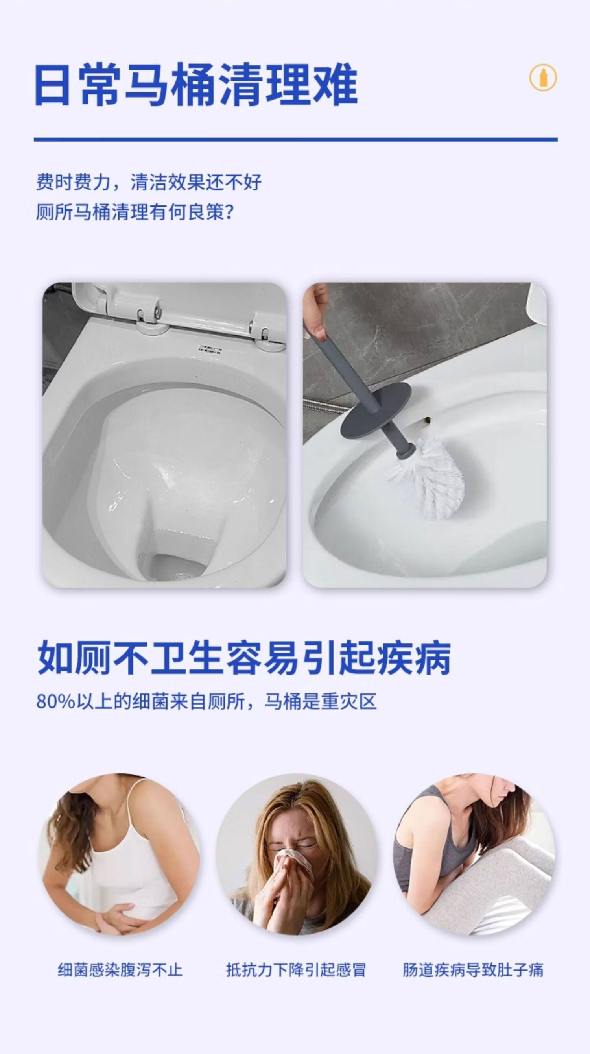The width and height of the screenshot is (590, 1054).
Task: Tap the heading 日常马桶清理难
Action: point(196,86)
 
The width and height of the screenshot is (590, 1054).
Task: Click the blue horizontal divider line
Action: point(296,140)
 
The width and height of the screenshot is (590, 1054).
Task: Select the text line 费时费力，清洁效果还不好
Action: point(149,182)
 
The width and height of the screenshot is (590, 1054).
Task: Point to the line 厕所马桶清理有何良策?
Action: point(135,213)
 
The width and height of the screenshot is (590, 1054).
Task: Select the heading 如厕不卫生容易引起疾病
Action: point(244,658)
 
